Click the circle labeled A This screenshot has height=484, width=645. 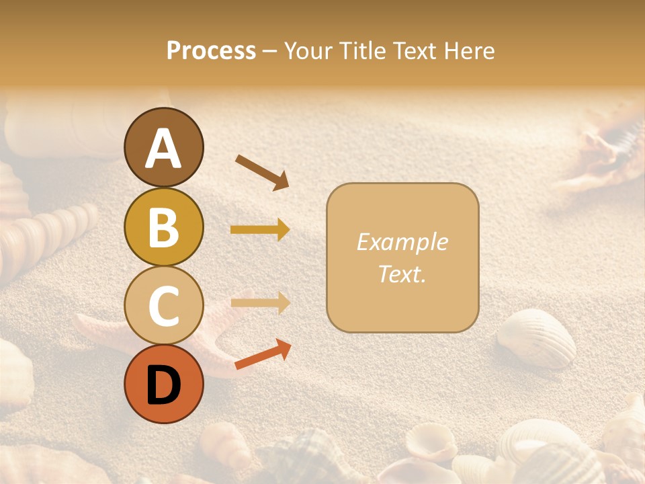164,147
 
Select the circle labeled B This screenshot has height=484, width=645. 164,227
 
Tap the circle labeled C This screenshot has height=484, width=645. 164,306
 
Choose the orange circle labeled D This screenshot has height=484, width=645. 164,384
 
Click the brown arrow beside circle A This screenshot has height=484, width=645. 261,171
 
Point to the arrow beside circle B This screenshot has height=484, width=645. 260,230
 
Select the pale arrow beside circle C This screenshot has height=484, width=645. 260,303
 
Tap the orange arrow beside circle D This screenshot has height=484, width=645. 262,354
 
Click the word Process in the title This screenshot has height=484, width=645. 211,50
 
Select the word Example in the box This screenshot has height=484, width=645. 402,242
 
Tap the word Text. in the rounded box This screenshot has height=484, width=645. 402,274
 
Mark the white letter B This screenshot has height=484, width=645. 164,227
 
